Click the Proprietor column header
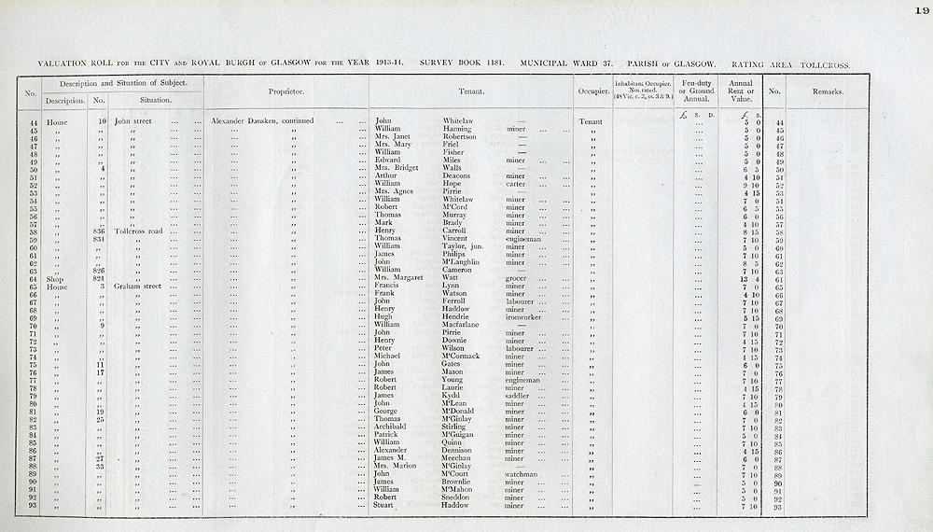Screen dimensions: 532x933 click(285, 92)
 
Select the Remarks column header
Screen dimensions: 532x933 click(826, 92)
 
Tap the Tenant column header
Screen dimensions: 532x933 click(471, 92)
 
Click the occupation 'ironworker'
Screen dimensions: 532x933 click(523, 317)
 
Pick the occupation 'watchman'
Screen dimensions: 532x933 click(523, 474)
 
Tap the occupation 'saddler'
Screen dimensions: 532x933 click(518, 396)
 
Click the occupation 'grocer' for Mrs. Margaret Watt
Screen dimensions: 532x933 click(516, 278)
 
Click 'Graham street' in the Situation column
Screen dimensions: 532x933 click(138, 286)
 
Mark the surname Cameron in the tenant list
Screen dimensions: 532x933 click(459, 270)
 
